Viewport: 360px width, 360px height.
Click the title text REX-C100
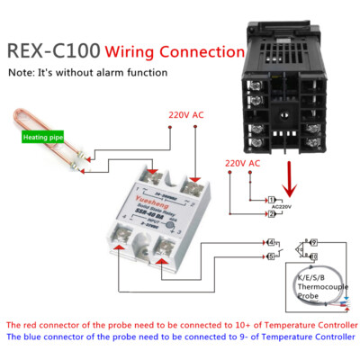(x=52, y=49)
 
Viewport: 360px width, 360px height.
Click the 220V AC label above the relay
(x=187, y=115)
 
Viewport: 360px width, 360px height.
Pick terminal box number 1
(x=272, y=200)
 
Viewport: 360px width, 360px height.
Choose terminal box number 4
(x=272, y=241)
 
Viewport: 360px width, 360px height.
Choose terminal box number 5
(x=272, y=256)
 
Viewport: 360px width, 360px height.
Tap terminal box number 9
(x=312, y=241)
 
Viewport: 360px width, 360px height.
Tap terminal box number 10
(x=312, y=256)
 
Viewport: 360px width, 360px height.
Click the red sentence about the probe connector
(x=180, y=324)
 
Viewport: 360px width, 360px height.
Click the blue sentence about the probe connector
(x=180, y=337)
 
